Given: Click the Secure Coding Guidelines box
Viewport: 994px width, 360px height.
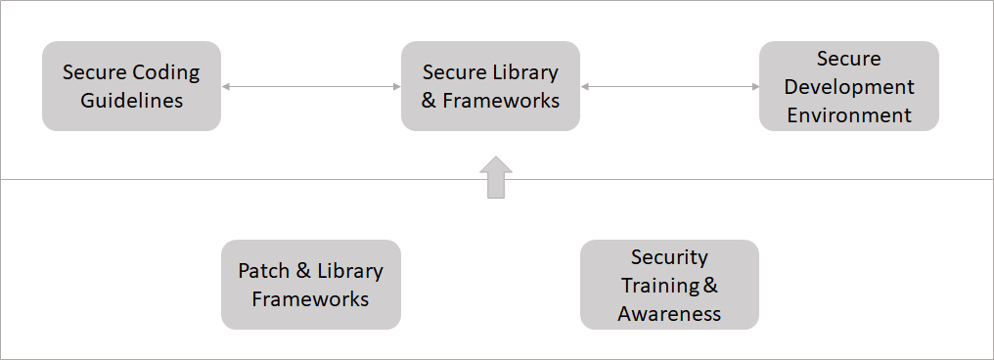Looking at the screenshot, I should tap(131, 86).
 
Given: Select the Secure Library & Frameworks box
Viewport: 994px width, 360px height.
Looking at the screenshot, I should tap(490, 86).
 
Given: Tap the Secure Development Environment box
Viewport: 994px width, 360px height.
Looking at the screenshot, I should tap(849, 86).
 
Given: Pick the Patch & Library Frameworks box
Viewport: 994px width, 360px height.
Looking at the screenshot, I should tap(311, 285).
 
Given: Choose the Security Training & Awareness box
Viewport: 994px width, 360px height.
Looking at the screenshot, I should tap(669, 285).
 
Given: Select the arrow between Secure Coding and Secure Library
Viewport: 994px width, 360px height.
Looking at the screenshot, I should tap(311, 87).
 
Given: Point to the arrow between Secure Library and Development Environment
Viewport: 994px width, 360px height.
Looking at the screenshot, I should tap(670, 87).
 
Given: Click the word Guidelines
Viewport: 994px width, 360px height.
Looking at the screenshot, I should tap(131, 101).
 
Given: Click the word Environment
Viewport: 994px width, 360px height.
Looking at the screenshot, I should tap(849, 114).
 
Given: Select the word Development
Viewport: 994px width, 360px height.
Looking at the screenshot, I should tap(849, 86).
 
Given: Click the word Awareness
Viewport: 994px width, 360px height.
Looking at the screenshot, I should tap(669, 313).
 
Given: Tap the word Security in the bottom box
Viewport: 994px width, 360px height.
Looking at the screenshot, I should tap(669, 257).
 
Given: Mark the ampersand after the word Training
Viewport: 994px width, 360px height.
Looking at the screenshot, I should tap(711, 286).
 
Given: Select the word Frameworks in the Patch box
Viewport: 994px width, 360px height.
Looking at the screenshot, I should tap(311, 298).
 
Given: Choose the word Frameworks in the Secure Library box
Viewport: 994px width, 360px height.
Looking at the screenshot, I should tap(503, 100).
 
